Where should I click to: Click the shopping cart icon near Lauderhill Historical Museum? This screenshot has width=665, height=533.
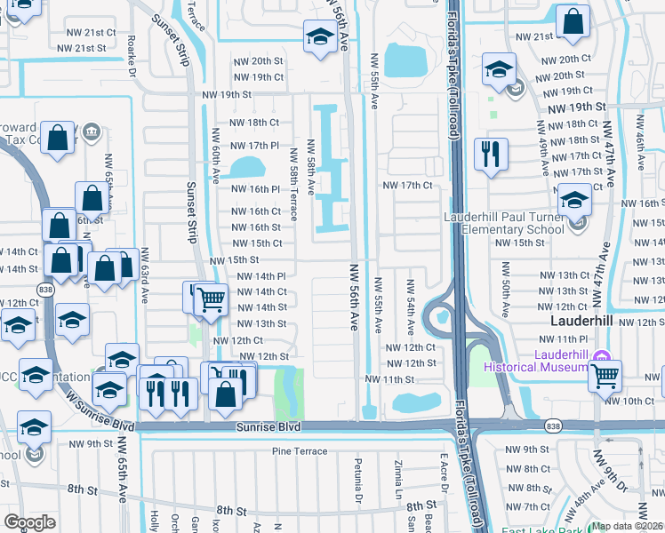pyautogui.click(x=605, y=376)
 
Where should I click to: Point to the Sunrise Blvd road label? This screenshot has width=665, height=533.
pyautogui.click(x=268, y=427)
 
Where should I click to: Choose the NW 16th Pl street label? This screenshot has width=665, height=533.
pyautogui.click(x=256, y=189)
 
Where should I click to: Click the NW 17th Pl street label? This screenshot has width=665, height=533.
pyautogui.click(x=255, y=145)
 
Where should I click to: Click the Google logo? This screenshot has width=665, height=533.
pyautogui.click(x=30, y=522)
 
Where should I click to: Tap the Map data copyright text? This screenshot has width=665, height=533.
pyautogui.click(x=627, y=526)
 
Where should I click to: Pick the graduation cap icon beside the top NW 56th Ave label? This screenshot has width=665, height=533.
pyautogui.click(x=319, y=36)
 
